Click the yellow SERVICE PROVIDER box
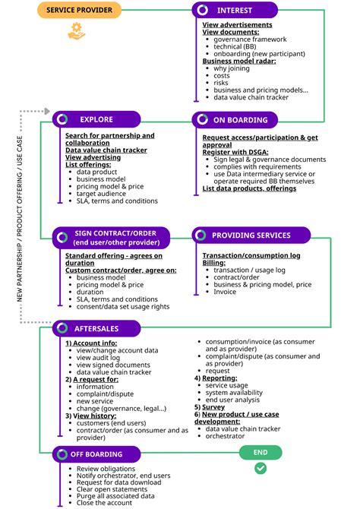coord(80,11)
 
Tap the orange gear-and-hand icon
coord(77,30)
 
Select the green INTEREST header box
coord(238,11)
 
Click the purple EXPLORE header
coord(96,119)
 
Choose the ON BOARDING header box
coord(240,119)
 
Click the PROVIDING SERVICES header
coord(251,236)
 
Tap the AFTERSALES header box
coord(96,329)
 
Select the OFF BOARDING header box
coord(97,454)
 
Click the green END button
coord(261,452)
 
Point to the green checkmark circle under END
coord(261,469)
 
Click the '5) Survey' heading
coord(214,407)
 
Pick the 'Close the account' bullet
coord(103,503)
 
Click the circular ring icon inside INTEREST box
coord(203,10)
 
